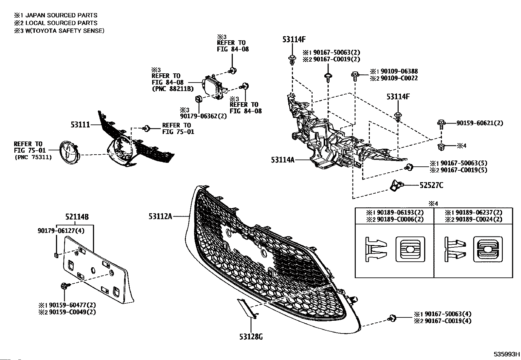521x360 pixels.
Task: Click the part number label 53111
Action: (80, 125)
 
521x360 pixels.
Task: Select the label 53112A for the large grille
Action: (160, 217)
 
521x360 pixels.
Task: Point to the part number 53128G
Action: (251, 337)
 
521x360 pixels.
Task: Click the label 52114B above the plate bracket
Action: (77, 217)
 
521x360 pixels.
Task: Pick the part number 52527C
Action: (431, 185)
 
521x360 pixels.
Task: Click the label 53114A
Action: (283, 160)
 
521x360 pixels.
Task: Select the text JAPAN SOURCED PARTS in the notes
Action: (62, 15)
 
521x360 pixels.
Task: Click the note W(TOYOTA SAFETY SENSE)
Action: (65, 31)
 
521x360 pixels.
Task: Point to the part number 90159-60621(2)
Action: (480, 123)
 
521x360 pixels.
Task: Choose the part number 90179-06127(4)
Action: (61, 231)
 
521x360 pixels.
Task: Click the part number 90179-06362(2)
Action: (203, 116)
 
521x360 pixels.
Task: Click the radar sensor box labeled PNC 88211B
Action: (214, 87)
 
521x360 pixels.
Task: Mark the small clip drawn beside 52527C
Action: (395, 186)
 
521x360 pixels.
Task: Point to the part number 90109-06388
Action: (399, 71)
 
